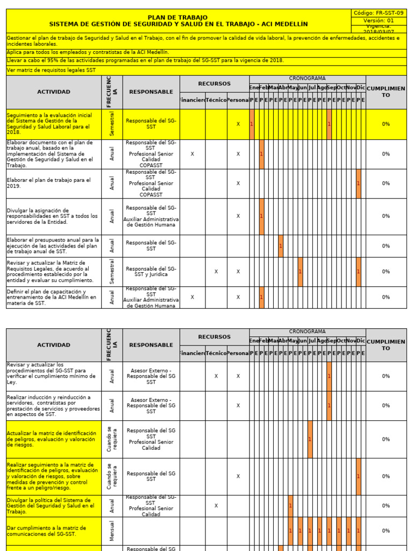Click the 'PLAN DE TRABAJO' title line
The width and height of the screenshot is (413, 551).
click(177, 18)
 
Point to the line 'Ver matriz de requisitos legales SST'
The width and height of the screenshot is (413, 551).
click(51, 70)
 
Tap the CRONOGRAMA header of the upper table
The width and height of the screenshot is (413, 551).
click(307, 79)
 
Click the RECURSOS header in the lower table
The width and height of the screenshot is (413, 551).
click(214, 337)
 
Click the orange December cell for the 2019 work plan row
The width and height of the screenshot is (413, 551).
click(359, 183)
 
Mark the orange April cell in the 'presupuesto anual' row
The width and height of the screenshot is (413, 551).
click(281, 246)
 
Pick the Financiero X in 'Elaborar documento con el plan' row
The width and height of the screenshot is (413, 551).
click(193, 154)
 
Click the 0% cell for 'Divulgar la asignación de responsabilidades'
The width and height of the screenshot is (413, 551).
click(386, 216)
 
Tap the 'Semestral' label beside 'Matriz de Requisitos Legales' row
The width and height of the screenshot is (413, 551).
click(112, 272)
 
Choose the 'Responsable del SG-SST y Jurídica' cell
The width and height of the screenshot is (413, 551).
click(151, 272)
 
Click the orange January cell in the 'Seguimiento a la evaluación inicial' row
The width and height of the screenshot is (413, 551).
click(252, 124)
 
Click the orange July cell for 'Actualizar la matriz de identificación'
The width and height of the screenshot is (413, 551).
click(310, 439)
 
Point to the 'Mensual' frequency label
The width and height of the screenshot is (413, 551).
click(112, 531)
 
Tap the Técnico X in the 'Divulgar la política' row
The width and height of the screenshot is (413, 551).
click(216, 506)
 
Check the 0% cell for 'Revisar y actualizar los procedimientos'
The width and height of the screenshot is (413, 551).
click(386, 376)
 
